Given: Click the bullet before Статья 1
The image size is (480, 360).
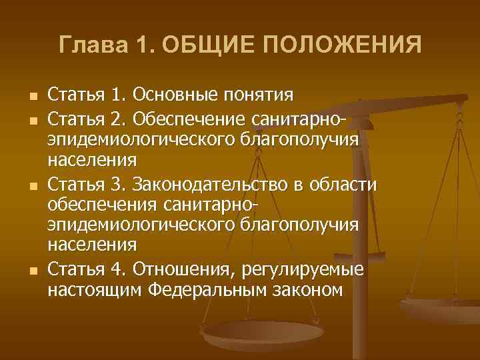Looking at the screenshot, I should [25, 97].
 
